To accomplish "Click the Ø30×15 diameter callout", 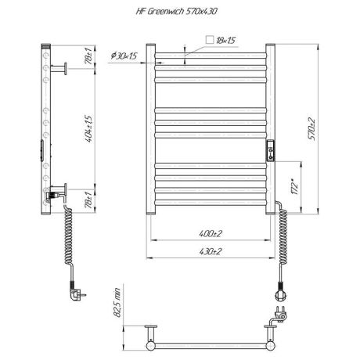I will coord(125,56).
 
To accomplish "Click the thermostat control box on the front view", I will coord(270,149).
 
